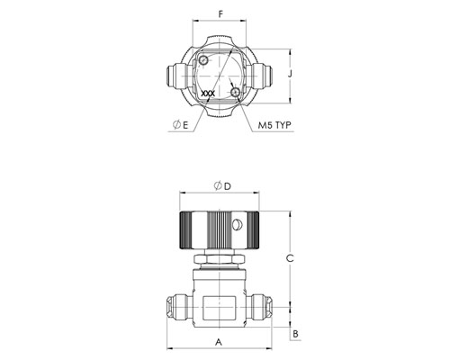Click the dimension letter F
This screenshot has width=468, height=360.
coord(220,14)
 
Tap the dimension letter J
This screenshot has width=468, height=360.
coord(290,74)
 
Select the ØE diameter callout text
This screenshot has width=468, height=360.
coord(181,125)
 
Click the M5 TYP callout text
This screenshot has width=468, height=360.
coord(274,125)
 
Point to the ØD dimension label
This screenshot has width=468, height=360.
coord(222,186)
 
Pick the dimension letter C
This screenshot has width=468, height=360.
coord(290,258)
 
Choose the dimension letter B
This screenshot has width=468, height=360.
coord(296,334)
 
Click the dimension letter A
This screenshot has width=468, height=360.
coord(219,342)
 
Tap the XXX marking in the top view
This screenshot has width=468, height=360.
coord(208,94)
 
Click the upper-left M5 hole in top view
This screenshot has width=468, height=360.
coord(203,60)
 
